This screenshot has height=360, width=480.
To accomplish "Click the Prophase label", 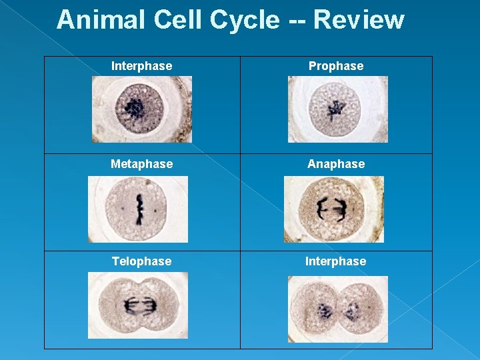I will point(336,66).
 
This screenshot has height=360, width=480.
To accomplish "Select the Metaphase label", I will point(141,163).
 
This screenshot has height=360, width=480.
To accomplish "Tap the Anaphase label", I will point(336,163).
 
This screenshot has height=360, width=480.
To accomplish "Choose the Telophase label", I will point(141,261).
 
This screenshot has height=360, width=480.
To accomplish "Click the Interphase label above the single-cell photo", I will point(141,66).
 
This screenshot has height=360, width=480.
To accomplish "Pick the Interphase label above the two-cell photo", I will point(335,261).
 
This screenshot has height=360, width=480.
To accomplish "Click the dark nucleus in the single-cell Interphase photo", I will point(137,108).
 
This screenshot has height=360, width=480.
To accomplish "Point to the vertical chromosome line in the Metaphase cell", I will point(140,208).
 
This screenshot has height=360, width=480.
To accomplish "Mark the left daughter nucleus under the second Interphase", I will point(325,311).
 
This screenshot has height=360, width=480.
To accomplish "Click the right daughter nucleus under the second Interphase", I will point(351,311).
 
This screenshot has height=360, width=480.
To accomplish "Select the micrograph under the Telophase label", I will point(138,305).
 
